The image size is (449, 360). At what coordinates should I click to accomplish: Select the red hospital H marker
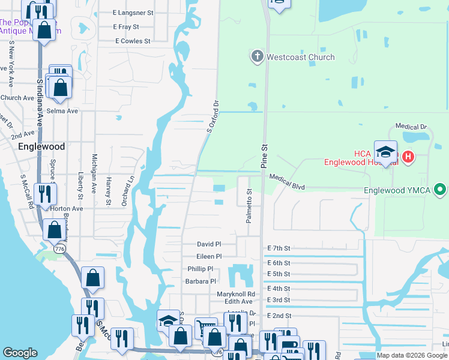[x=408, y=157]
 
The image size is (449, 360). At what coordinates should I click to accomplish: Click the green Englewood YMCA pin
[x=440, y=191]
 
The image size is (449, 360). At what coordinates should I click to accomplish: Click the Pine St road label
[x=264, y=155]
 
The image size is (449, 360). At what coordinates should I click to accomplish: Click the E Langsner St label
[x=133, y=12]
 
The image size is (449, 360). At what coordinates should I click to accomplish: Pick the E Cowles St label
[x=133, y=41]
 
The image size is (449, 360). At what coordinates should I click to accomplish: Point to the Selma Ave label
[x=62, y=111]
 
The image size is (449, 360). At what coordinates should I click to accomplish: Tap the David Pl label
[x=209, y=244]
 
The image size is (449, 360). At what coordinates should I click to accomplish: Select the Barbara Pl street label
[x=200, y=281]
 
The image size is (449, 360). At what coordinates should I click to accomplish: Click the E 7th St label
[x=279, y=248]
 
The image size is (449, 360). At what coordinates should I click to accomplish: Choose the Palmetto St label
[x=249, y=206]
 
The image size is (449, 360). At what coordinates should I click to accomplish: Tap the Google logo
[x=20, y=353]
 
